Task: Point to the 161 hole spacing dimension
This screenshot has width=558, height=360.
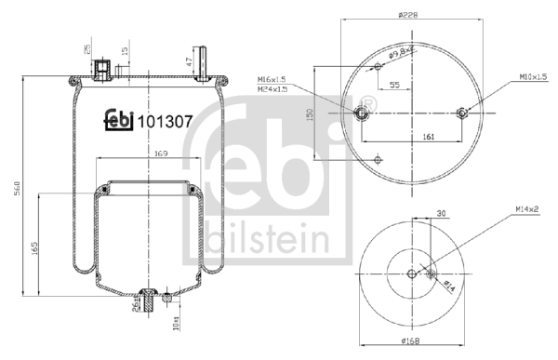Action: pyautogui.click(x=430, y=138)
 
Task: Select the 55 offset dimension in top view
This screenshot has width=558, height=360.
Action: pyautogui.click(x=394, y=85)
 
